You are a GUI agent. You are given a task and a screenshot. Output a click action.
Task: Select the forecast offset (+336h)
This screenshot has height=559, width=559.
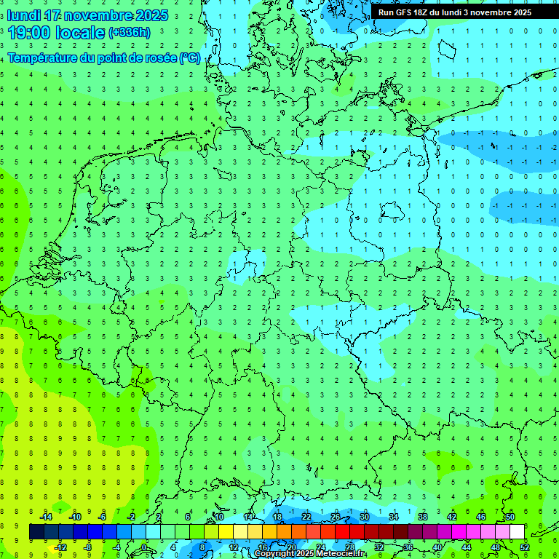(x=130, y=32)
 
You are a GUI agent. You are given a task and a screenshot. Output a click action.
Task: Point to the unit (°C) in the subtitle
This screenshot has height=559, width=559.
(x=191, y=58)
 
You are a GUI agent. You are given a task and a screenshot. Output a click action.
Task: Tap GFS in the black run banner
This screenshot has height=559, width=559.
(x=405, y=12)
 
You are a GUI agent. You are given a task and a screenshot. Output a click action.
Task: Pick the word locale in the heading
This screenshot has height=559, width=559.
(x=80, y=32)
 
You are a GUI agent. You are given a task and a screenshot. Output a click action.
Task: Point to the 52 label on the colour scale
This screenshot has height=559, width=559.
(x=525, y=547)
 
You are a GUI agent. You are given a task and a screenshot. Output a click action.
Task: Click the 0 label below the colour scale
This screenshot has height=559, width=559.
(x=145, y=547)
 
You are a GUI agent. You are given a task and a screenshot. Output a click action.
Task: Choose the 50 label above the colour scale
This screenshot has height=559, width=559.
(x=510, y=517)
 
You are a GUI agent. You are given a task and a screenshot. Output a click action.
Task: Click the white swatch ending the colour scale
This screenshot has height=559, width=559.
(x=517, y=532)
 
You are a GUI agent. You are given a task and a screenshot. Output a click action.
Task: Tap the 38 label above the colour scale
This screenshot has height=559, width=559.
(x=423, y=517)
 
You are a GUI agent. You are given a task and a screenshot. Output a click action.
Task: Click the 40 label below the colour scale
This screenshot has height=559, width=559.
(x=437, y=547)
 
